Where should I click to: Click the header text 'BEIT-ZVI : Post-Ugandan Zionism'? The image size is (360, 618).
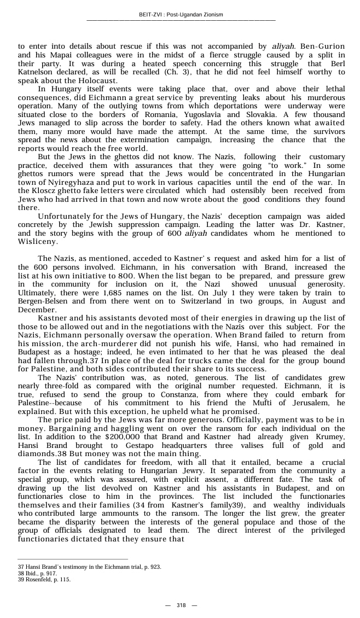coord(180,15)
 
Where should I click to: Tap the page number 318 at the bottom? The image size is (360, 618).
coord(181,605)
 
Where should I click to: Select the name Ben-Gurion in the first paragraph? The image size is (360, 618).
coord(322,47)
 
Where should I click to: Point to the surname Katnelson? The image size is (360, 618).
coord(38,71)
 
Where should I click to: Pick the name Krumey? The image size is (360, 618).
coord(329,438)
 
